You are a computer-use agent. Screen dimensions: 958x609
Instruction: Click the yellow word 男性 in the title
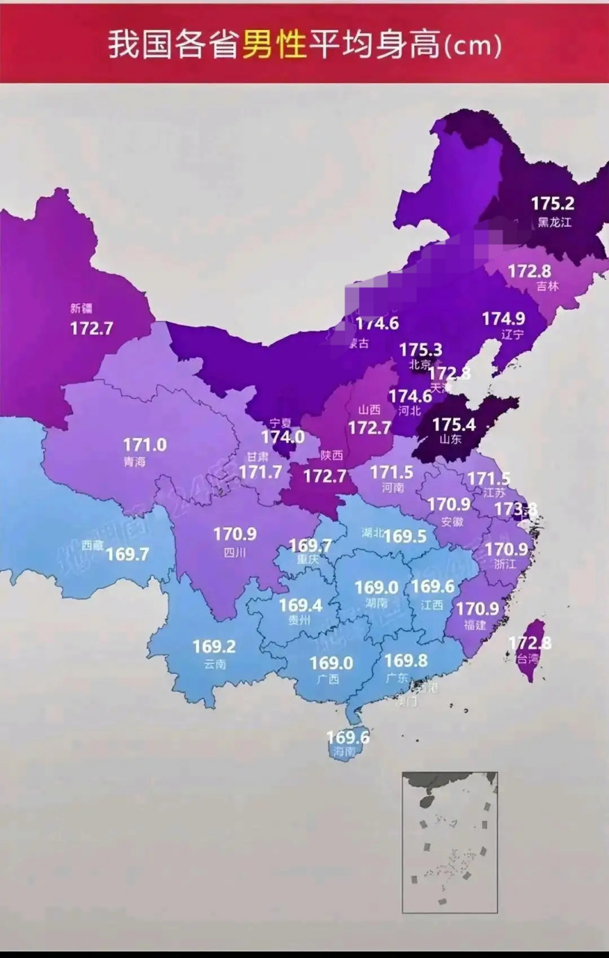(x=274, y=45)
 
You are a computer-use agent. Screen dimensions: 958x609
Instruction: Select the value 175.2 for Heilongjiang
(x=553, y=204)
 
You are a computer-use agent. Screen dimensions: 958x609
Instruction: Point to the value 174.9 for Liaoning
(x=503, y=319)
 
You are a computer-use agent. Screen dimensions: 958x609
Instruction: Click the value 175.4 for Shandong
(x=453, y=424)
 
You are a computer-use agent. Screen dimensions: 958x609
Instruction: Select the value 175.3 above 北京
(x=420, y=350)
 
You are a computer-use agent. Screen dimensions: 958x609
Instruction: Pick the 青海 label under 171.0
(x=135, y=463)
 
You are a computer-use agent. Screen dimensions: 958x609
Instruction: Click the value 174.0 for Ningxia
(x=283, y=436)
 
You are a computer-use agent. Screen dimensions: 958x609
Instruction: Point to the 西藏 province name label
(x=93, y=545)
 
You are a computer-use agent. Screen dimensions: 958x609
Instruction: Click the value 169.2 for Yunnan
(x=214, y=646)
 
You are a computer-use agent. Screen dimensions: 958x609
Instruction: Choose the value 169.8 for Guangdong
(x=406, y=660)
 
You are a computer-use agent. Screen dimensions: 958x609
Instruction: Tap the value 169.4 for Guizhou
(x=301, y=605)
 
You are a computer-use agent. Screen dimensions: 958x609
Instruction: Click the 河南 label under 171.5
(x=392, y=488)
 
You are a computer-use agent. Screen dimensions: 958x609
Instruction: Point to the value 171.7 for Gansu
(x=260, y=472)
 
